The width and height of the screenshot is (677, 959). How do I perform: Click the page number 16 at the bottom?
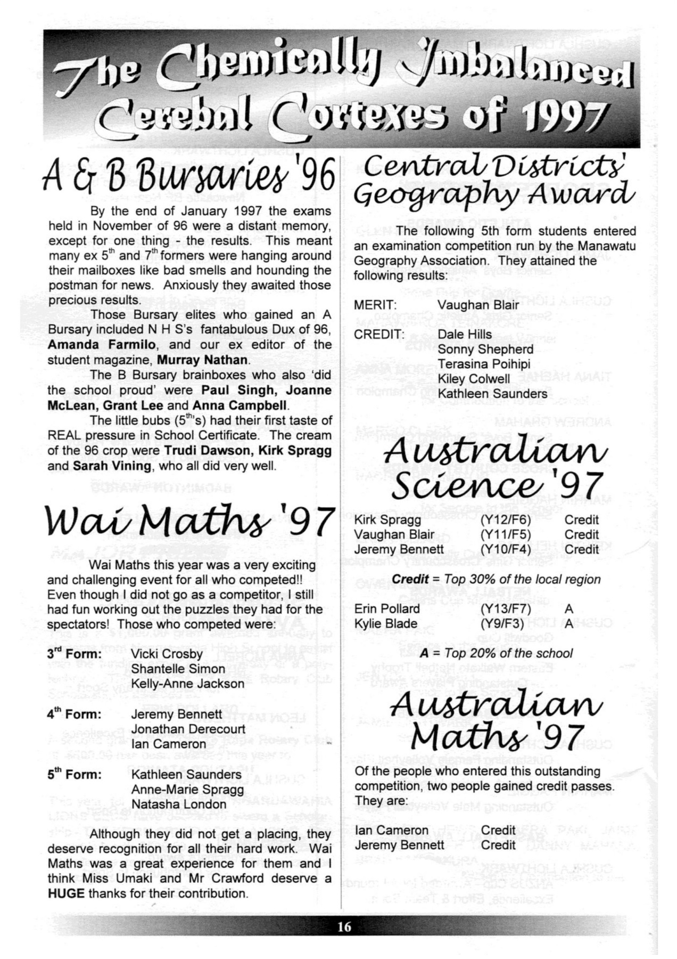(344, 927)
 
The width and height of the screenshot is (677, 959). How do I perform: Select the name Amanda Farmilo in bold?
(102, 345)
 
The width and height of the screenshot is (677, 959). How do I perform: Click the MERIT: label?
(375, 305)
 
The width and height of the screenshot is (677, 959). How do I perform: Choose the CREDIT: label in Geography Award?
(379, 335)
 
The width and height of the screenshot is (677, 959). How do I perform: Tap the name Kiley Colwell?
(473, 379)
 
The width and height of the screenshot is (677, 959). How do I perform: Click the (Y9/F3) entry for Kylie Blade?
(502, 623)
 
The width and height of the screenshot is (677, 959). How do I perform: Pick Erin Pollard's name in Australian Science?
(387, 608)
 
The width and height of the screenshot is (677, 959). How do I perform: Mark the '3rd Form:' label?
(74, 654)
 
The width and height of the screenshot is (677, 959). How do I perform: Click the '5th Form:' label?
(74, 774)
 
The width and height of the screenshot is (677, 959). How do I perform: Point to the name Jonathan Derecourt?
(188, 729)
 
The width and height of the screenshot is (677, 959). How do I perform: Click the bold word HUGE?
(66, 893)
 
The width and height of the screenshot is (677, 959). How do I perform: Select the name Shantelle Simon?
(178, 669)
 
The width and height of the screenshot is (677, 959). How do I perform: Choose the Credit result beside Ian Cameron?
(498, 830)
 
